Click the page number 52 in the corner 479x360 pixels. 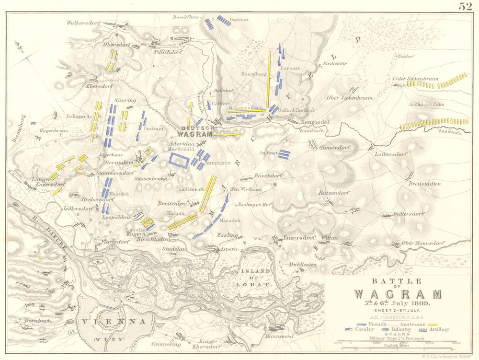pyautogui.click(x=465, y=6)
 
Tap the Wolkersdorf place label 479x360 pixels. pyautogui.click(x=82, y=23)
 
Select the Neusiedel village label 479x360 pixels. pyautogui.click(x=314, y=122)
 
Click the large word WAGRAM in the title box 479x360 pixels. pyautogui.click(x=397, y=294)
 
